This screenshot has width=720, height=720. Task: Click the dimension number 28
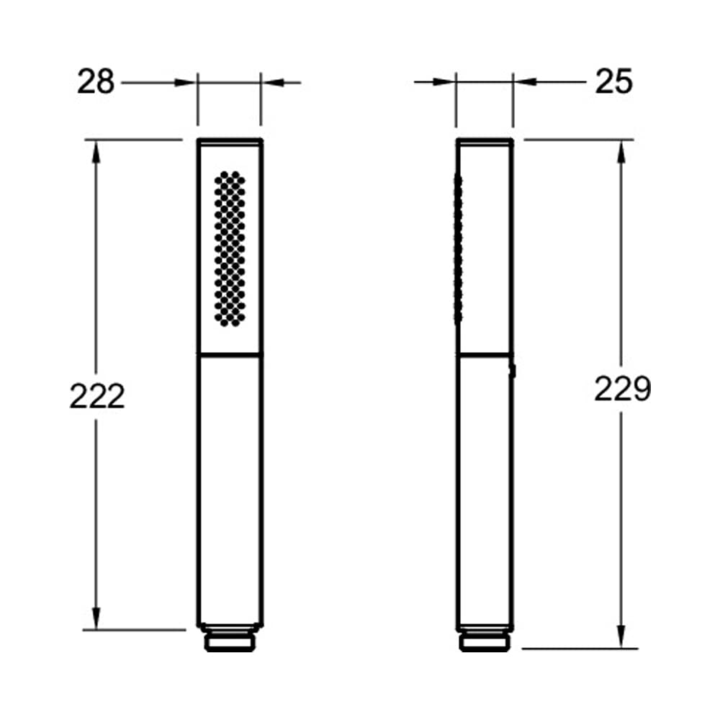(96, 82)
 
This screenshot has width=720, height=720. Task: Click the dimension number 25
(614, 82)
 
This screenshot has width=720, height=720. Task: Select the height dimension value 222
(97, 396)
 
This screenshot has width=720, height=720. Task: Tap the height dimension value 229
(622, 389)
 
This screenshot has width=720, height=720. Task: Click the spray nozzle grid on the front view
(230, 248)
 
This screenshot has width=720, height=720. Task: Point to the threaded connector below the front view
(230, 638)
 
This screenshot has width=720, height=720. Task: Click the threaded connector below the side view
(485, 639)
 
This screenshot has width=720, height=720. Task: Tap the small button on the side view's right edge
(514, 371)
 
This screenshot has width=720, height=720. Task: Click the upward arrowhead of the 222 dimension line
(96, 151)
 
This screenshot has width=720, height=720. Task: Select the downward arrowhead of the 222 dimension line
(96, 618)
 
